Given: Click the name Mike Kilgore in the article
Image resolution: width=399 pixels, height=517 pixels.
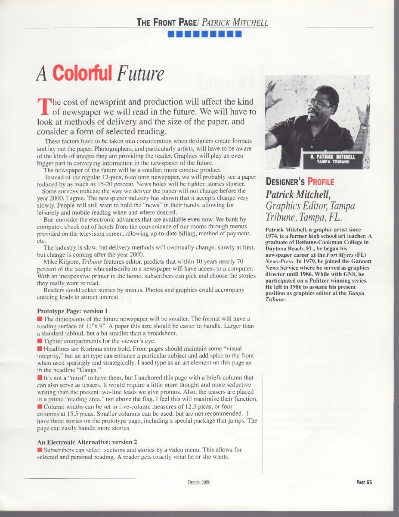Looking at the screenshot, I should (58, 262).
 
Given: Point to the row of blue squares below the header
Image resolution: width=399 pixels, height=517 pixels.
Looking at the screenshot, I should (204, 33).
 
